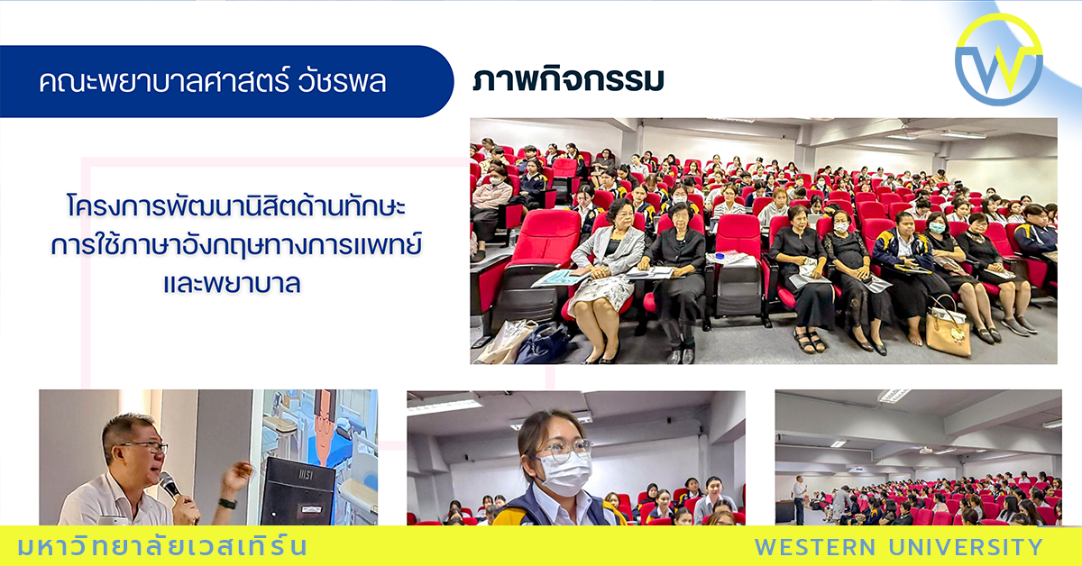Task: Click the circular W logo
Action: pyautogui.click(x=998, y=59)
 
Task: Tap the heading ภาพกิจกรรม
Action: pyautogui.click(x=568, y=80)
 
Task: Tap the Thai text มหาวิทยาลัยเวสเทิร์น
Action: pyautogui.click(x=162, y=546)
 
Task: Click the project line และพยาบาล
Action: pyautogui.click(x=233, y=281)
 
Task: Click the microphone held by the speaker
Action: pyautogui.click(x=170, y=486)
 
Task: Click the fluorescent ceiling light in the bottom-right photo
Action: pyautogui.click(x=894, y=396)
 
